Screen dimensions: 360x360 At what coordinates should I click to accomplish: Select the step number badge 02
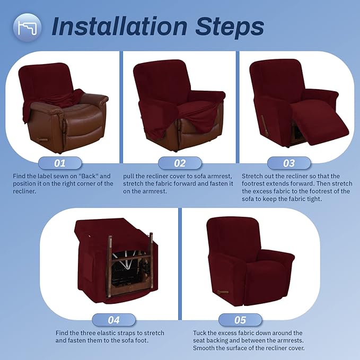tap(180, 163)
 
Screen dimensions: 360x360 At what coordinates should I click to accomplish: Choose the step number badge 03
tap(289, 163)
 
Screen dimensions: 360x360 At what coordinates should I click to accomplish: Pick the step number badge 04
tap(113, 320)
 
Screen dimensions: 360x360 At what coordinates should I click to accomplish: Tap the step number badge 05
tap(240, 320)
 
